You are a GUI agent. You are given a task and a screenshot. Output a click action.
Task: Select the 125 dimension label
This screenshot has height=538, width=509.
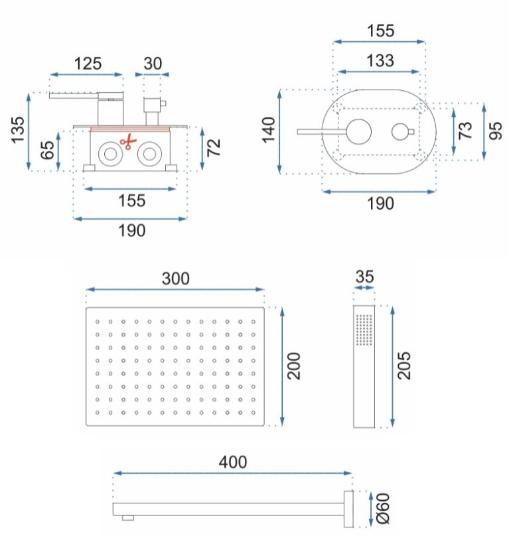pyautogui.click(x=88, y=64)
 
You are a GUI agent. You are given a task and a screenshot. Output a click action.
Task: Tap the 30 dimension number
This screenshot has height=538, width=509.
pyautogui.click(x=153, y=64)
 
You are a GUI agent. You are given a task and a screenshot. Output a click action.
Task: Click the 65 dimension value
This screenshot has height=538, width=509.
pyautogui.click(x=47, y=151)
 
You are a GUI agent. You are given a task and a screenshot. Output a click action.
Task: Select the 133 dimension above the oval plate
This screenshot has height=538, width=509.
pyautogui.click(x=379, y=60)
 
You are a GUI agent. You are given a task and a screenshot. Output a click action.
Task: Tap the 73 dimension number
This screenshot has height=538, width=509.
pyautogui.click(x=465, y=130)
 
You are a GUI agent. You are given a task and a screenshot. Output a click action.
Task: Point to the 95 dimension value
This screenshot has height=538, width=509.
pyautogui.click(x=495, y=130)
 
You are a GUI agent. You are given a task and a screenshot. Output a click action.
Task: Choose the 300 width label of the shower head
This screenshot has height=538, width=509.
pyautogui.click(x=176, y=279)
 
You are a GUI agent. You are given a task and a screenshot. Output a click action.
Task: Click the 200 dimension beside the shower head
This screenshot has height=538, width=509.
pyautogui.click(x=295, y=366)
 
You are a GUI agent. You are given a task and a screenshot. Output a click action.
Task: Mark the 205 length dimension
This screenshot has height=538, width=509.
pyautogui.click(x=406, y=366)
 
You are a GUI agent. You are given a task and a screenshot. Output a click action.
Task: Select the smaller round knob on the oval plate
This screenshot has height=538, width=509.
pyautogui.click(x=400, y=132)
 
